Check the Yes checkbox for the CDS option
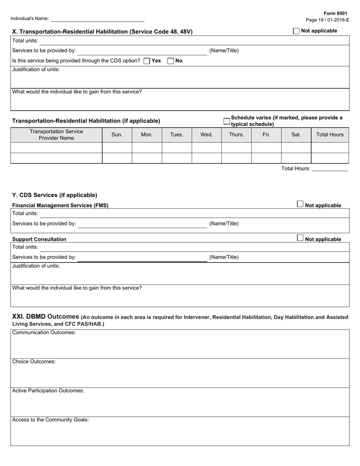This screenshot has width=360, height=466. [147, 61]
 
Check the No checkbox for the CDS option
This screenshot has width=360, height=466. [171, 61]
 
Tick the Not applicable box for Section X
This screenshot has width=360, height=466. [296, 31]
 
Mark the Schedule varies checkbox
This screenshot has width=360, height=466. [226, 121]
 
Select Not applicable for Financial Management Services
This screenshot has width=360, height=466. [300, 204]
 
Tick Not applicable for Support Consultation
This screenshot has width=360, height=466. [300, 238]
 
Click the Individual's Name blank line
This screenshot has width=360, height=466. [98, 19]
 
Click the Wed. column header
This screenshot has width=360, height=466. [207, 134]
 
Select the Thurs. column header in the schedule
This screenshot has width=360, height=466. [236, 134]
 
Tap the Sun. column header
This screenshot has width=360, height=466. [117, 134]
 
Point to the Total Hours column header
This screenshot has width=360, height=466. [330, 134]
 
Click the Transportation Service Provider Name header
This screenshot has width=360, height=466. [56, 134]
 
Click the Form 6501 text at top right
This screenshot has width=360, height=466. [335, 13]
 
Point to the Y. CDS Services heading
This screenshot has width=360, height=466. [55, 195]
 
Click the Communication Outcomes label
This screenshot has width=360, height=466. [44, 333]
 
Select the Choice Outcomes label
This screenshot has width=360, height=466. [34, 361]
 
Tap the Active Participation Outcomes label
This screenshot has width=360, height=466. [48, 391]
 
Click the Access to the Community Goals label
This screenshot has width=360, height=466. [50, 420]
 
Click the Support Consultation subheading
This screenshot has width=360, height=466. [39, 239]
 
